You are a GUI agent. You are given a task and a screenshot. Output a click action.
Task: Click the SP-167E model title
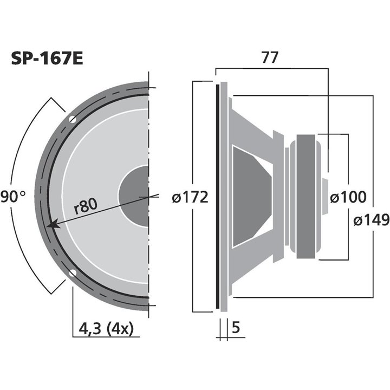(x=47, y=58)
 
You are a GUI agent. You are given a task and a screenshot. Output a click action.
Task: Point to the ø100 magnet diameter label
(x=348, y=198)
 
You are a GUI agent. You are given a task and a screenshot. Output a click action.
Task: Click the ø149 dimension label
(x=371, y=220)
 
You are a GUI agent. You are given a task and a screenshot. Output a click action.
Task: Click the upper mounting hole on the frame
(x=72, y=119)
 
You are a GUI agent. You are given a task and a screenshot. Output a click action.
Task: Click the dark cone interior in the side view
(x=249, y=197)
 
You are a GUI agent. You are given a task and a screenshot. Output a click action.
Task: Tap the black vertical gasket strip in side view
(x=217, y=197)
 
